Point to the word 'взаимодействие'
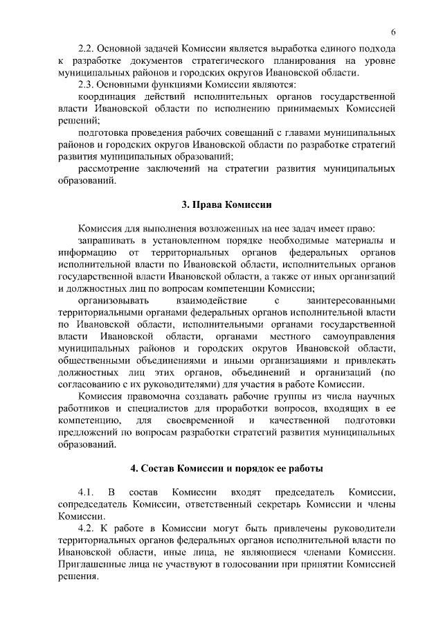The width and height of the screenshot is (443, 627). point(201,300)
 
